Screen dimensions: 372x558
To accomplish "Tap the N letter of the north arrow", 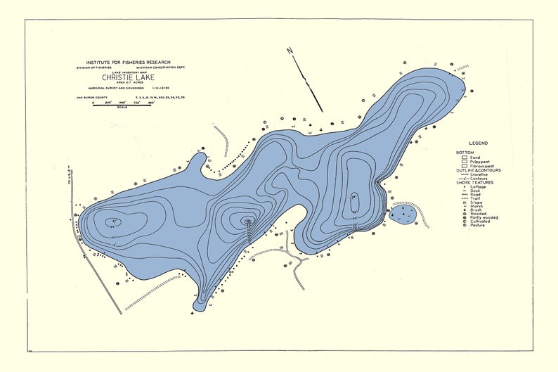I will pos(289,51).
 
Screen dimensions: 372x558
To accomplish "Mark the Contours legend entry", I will pos(476,179).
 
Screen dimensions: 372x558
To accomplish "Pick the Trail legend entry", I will pos(474,198).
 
